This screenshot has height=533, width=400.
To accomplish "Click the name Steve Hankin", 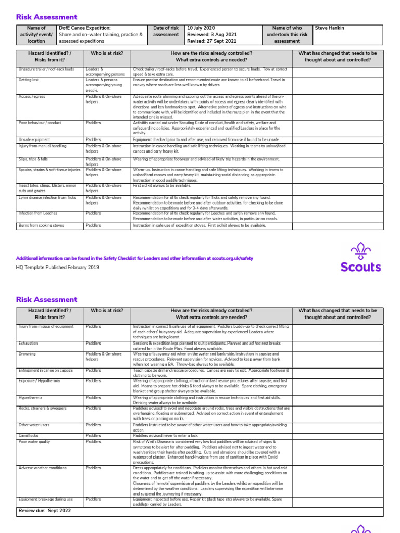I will [x=330, y=28].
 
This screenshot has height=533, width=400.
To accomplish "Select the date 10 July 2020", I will [x=201, y=28].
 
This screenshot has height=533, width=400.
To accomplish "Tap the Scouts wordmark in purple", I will [x=360, y=268].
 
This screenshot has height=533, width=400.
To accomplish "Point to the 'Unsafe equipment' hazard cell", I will [x=34, y=139].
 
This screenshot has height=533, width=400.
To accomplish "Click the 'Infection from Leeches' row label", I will [x=38, y=213].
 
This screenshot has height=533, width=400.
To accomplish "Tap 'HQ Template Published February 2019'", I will [x=58, y=267].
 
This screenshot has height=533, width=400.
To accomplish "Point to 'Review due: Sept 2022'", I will [x=45, y=511].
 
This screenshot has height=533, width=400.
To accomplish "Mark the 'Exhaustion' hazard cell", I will [x=28, y=344].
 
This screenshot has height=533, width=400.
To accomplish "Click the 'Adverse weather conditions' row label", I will [x=43, y=468].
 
